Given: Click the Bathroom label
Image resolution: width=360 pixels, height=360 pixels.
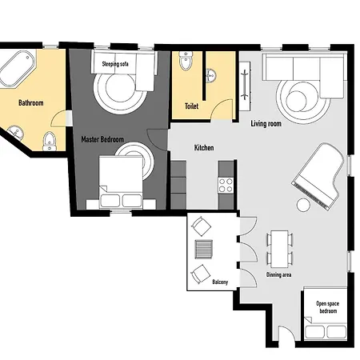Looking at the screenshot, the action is (31, 103).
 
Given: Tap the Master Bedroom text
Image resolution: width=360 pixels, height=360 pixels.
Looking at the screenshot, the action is (102, 139).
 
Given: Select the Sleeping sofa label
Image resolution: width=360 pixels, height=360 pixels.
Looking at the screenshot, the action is (115, 64).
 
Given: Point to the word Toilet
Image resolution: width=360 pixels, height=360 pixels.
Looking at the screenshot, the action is (191, 106).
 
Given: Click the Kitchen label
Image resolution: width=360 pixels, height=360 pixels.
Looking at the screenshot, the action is (204, 148).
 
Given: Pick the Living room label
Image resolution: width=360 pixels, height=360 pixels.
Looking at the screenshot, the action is (266, 124).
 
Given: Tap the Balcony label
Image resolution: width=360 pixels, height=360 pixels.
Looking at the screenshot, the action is (220, 282).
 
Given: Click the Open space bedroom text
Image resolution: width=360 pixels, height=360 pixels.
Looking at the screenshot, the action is (328, 307).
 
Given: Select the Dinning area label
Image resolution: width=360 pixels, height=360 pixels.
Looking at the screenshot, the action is (278, 274).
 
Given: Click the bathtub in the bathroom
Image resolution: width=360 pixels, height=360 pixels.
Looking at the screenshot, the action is (18, 69).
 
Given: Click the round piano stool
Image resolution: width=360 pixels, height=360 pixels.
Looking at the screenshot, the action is (303, 205).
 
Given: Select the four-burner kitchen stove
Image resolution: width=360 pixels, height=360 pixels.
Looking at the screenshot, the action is (226, 186).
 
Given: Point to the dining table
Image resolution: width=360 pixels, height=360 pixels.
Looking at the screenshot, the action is (279, 249).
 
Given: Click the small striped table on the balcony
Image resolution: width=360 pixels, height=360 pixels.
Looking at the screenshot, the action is (204, 250).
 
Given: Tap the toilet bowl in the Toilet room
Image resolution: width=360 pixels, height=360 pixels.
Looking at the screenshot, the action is (186, 61).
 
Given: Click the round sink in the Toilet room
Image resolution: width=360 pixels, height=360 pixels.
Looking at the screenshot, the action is (211, 75).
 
